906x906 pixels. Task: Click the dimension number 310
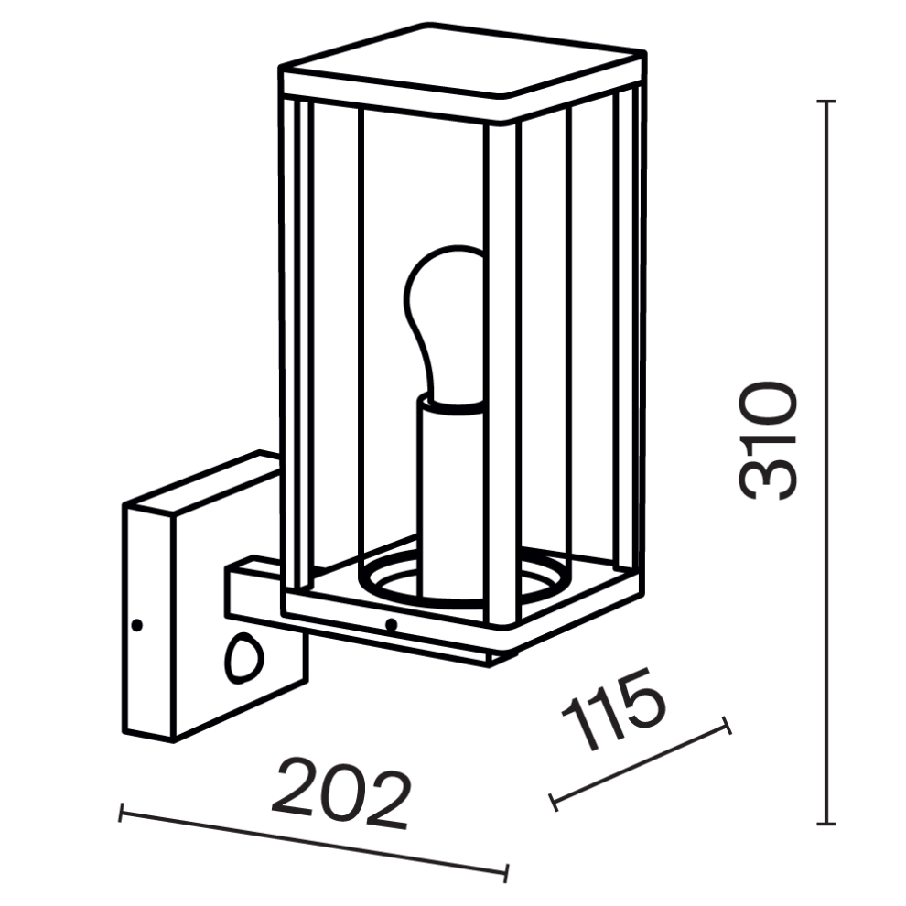click(x=769, y=441)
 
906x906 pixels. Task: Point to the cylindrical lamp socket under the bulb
click(x=450, y=498)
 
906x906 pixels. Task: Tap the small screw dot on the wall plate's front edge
click(x=137, y=625)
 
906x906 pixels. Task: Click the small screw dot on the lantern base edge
click(x=391, y=624)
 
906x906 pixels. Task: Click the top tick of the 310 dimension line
click(x=827, y=102)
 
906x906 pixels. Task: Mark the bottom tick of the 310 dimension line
click(x=827, y=824)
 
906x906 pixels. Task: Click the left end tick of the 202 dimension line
click(x=121, y=813)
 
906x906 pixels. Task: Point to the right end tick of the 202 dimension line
click(x=506, y=873)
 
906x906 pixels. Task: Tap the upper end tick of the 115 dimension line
click(x=727, y=725)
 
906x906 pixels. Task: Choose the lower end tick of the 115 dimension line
click(x=553, y=803)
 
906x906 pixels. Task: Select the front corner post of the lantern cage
click(x=502, y=375)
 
